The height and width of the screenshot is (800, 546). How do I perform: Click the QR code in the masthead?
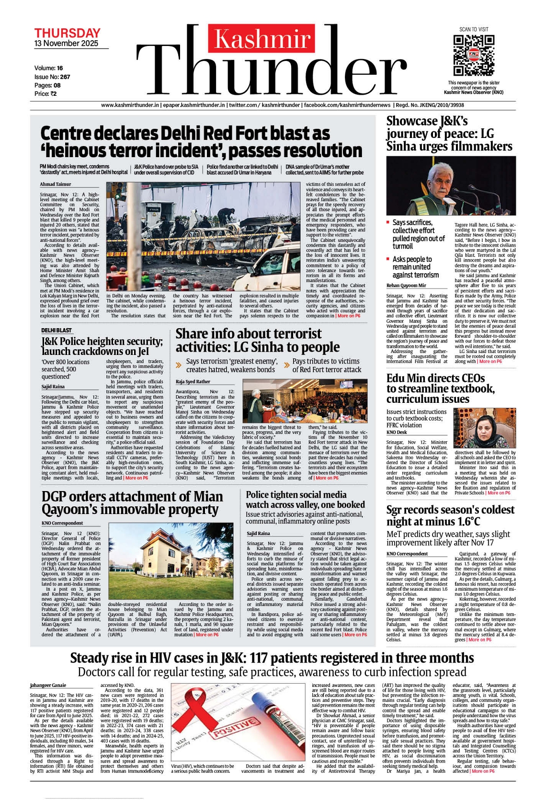(x=473, y=55)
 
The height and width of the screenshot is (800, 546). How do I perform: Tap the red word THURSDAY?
(x=67, y=33)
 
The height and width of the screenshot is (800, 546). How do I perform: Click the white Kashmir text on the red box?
(x=262, y=39)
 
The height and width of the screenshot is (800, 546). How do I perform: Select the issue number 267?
(x=65, y=77)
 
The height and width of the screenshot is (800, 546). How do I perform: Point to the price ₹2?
(x=53, y=94)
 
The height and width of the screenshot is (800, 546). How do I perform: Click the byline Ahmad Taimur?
(x=56, y=184)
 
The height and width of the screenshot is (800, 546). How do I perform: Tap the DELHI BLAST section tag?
(x=57, y=331)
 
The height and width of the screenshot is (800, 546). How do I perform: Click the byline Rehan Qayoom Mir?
(x=406, y=286)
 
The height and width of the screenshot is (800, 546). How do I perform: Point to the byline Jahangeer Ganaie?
(x=48, y=686)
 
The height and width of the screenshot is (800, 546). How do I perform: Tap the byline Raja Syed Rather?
(x=193, y=382)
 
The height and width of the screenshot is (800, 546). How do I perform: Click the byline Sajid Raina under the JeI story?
(x=53, y=387)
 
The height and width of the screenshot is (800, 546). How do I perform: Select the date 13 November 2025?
(x=66, y=44)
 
